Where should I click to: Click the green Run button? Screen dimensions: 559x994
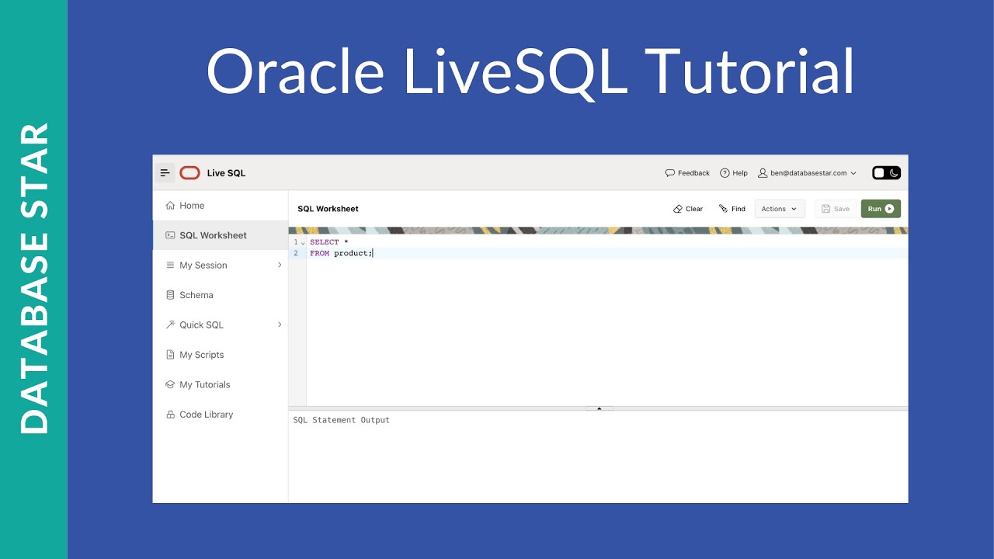click(x=881, y=209)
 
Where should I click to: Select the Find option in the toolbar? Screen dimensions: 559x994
click(x=732, y=209)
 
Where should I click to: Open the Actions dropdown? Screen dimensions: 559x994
click(x=779, y=209)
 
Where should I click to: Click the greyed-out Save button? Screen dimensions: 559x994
click(x=836, y=209)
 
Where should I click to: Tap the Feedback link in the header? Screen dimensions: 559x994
click(x=687, y=173)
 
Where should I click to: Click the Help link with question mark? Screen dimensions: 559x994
click(x=733, y=173)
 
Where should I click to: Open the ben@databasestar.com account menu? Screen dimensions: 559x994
click(x=807, y=173)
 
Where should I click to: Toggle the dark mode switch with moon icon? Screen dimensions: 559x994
click(x=886, y=173)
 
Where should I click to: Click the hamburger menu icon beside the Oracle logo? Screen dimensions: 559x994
click(x=165, y=173)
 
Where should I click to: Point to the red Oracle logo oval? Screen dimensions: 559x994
click(x=189, y=173)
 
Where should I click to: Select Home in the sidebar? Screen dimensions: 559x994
click(x=192, y=206)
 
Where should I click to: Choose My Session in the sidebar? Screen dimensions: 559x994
click(x=203, y=266)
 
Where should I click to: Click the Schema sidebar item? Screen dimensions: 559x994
click(x=196, y=295)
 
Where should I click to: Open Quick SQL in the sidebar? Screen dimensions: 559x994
click(x=201, y=325)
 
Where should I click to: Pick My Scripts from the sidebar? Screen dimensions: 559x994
click(x=201, y=355)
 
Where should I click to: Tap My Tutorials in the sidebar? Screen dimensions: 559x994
click(x=204, y=385)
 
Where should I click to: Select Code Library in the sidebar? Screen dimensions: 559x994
click(x=206, y=415)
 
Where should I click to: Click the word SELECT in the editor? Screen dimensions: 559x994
click(x=324, y=242)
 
